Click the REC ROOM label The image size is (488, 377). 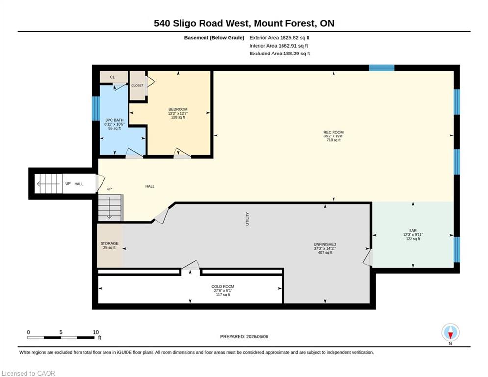click(x=334, y=132)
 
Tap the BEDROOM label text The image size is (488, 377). click(x=178, y=109)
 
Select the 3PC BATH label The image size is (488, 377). click(x=115, y=120)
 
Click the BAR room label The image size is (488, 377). click(x=413, y=231)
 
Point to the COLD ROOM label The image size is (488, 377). click(x=223, y=286)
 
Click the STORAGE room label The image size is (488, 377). click(x=109, y=243)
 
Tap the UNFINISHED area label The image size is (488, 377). click(x=325, y=244)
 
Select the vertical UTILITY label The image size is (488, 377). click(x=247, y=219)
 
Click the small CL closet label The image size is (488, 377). click(x=112, y=77)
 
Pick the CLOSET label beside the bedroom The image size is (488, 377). click(x=137, y=86)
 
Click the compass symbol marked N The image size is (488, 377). click(x=450, y=333)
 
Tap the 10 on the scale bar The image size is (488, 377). click(x=96, y=332)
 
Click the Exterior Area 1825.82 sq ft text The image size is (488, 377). click(x=279, y=38)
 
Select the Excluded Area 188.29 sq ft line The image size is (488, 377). click(x=280, y=54)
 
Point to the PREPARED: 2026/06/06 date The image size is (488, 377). click(x=244, y=336)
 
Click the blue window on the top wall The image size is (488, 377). click(x=382, y=68)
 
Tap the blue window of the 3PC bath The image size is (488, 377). click(x=96, y=108)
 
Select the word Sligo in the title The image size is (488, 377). click(x=184, y=24)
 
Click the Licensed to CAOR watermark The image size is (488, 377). click(x=28, y=373)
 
